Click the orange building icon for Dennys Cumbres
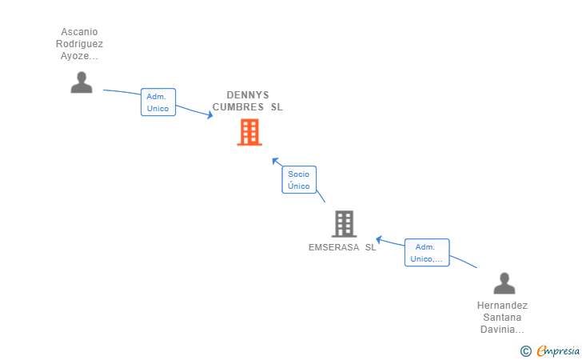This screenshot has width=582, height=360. coord(249,132)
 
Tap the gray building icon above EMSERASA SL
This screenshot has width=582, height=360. coord(344,224)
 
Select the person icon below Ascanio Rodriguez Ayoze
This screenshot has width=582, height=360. coord(82,82)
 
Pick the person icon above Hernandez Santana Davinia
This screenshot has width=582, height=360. coord(504,283)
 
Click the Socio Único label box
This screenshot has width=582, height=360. coord(299,180)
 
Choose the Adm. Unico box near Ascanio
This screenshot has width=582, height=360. coord(157,102)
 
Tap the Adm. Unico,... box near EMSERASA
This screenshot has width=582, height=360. coord(427,253)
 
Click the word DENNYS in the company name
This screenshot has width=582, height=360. coord(248,95)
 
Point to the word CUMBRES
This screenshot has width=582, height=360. coord(238,107)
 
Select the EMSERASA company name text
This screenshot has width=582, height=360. coord(342,247)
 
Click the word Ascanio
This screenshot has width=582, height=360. coord(79,32)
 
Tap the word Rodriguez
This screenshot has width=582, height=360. coord(79,44)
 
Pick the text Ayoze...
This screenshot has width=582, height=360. coord(79,56)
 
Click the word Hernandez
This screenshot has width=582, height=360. coord(502,306)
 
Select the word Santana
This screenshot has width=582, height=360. coord(502,318)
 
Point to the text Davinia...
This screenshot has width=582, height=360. coord(502,330)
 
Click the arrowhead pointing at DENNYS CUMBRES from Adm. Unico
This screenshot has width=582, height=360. coord(210,115)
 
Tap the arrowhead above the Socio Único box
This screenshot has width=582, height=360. coord(275,161)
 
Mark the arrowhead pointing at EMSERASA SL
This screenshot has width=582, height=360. coord(379,240)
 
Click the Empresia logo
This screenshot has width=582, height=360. coord(550,350)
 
